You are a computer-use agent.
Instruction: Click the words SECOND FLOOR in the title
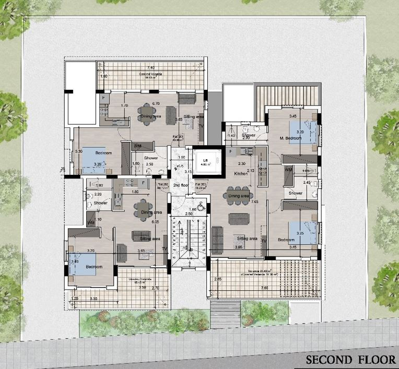pyautogui.click(x=350, y=360)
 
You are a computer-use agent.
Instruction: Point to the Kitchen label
pyautogui.click(x=240, y=173)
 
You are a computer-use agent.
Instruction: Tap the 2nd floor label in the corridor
pyautogui.click(x=181, y=185)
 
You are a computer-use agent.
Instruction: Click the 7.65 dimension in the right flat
pyautogui.click(x=254, y=201)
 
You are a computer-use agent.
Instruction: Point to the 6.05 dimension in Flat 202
pyautogui.click(x=155, y=222)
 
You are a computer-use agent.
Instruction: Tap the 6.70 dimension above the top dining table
pyautogui.click(x=156, y=103)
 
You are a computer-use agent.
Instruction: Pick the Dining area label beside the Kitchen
pyautogui.click(x=238, y=196)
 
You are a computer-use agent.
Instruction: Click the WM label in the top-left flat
pyautogui.click(x=138, y=146)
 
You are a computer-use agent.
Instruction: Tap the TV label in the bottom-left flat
pyautogui.click(x=165, y=248)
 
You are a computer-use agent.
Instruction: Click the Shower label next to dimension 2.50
pyautogui.click(x=151, y=158)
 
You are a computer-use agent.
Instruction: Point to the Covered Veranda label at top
pyautogui.click(x=150, y=74)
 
